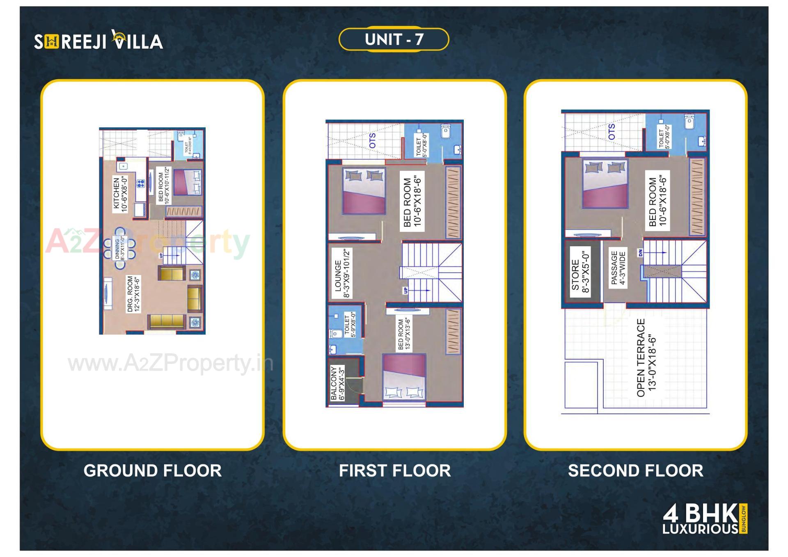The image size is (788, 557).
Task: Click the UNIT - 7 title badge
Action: (394, 39)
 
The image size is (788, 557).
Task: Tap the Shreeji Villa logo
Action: (98, 41)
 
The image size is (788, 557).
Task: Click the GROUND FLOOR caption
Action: (152, 470)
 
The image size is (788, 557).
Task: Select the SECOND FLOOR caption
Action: (635, 470)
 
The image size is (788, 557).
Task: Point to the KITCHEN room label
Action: (120, 194)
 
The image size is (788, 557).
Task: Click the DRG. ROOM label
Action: (133, 294)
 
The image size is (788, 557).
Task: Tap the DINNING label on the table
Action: (119, 248)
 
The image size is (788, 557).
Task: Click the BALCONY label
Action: (338, 383)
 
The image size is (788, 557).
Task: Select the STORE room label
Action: (580, 270)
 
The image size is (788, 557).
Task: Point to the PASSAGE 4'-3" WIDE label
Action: (618, 268)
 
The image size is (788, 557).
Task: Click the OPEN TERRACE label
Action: (646, 358)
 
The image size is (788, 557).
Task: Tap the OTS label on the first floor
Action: (372, 140)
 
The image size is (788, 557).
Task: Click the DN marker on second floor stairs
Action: (640, 253)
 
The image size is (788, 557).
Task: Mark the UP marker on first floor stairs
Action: (405, 291)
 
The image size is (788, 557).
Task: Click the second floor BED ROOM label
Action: (657, 201)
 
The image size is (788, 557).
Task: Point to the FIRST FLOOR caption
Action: (394, 470)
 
